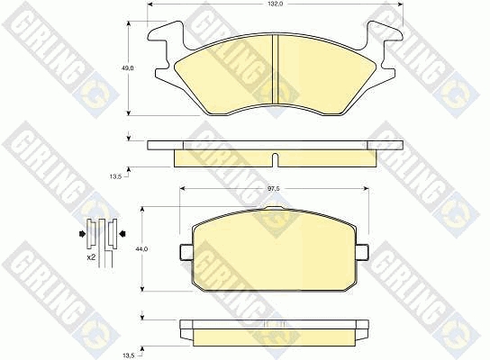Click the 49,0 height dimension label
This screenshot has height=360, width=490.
click(x=128, y=67)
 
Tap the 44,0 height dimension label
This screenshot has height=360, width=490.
click(x=142, y=248)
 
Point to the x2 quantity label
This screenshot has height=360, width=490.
click(x=92, y=257)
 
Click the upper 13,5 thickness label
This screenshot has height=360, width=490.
click(x=115, y=176)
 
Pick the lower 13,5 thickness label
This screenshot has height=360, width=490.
click(x=129, y=355)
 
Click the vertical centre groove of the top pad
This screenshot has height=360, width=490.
click(x=276, y=68)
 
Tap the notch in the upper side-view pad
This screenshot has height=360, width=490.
click(x=275, y=159)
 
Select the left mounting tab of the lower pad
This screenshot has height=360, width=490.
click(x=186, y=252)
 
